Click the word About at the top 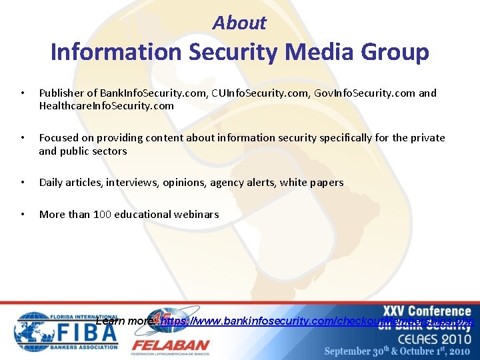(x=239, y=23)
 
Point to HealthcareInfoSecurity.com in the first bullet (x=106, y=106)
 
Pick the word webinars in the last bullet (x=197, y=214)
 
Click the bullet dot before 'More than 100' (x=22, y=214)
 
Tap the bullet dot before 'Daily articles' (x=22, y=182)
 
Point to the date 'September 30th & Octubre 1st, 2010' (x=398, y=351)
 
